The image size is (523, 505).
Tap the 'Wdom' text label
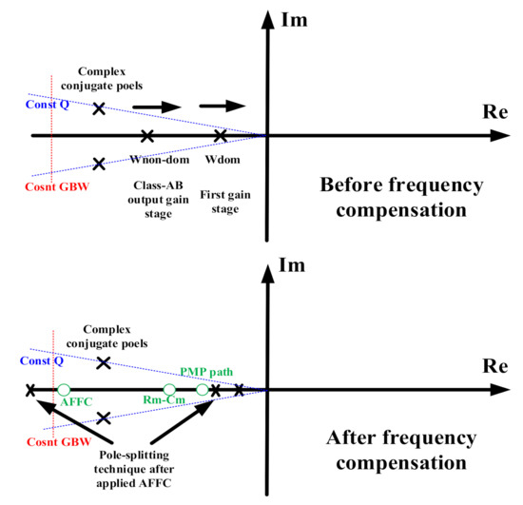[x=221, y=160]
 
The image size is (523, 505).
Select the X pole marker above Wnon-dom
[x=146, y=137]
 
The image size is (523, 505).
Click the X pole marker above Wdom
[x=221, y=137]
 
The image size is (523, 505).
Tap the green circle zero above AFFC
[x=63, y=390]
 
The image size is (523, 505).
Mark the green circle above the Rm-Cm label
[x=169, y=390]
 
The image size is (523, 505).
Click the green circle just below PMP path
[x=203, y=390]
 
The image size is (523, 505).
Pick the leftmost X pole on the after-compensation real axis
[x=31, y=390]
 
